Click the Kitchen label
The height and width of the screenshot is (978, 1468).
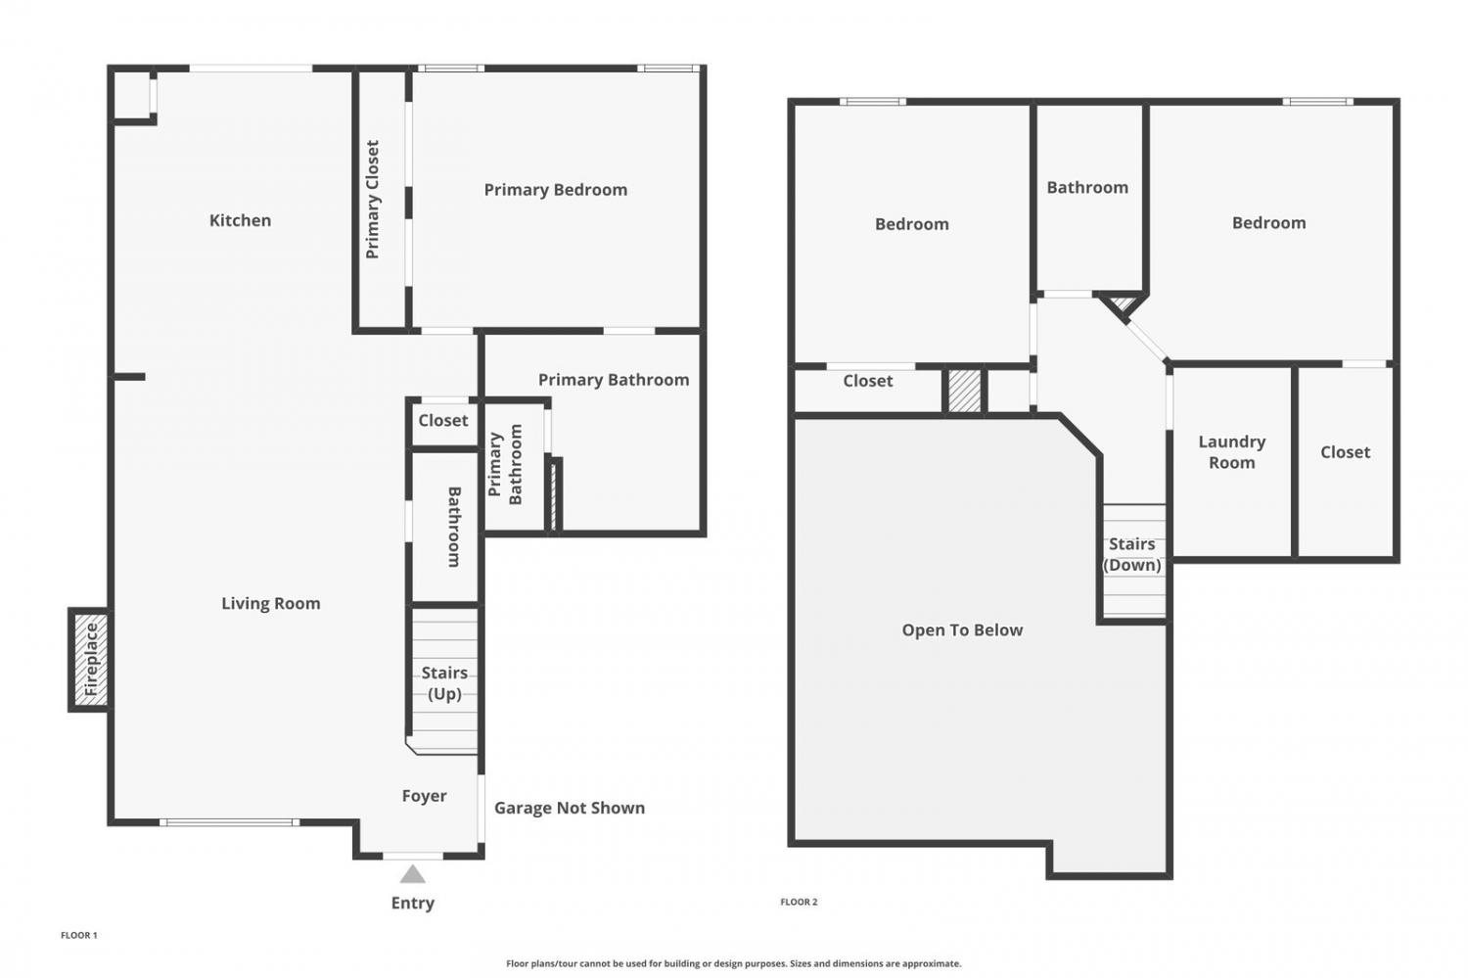point(240,220)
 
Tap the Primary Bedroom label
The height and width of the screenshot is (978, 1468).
point(556,190)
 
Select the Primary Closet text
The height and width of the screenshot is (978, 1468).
point(372,200)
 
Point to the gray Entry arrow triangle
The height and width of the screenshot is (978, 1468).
point(413,875)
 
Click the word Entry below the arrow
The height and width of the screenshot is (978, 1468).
point(413,904)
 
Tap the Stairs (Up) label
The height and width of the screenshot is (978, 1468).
point(444,683)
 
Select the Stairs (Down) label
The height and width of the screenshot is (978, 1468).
point(1131,554)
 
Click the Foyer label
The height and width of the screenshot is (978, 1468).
point(424,796)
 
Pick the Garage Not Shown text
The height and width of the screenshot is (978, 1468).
point(570,808)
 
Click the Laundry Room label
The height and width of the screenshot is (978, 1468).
point(1232,452)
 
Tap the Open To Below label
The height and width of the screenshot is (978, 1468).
point(962,630)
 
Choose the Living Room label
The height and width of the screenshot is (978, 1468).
point(271,604)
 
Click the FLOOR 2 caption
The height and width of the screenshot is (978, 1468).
point(799,902)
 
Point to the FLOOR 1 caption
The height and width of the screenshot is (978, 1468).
point(78,935)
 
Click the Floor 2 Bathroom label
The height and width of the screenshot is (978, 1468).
point(1087,188)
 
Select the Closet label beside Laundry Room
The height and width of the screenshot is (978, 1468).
point(1345,452)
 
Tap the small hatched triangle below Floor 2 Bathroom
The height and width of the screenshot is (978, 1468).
point(1124,303)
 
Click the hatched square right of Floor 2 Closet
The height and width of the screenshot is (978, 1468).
point(965,392)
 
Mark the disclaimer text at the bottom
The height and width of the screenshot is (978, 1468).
point(733,963)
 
